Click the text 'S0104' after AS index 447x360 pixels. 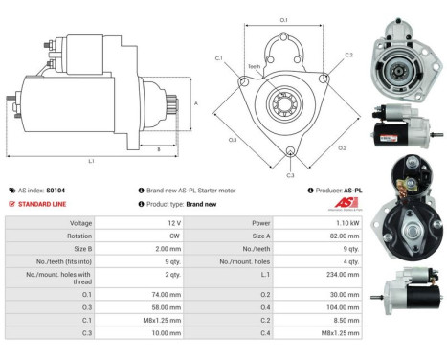[x=57, y=191]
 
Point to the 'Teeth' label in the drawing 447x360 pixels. [x=254, y=66]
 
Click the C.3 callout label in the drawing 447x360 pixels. [x=291, y=174]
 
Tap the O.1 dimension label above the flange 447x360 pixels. [x=283, y=18]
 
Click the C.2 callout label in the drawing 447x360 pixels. [x=348, y=56]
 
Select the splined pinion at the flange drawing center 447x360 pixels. [x=284, y=101]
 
